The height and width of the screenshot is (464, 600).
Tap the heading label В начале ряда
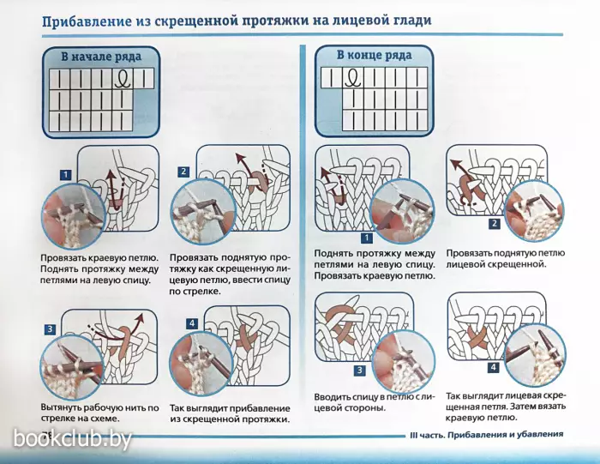click(99, 57)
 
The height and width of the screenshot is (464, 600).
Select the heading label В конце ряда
click(374, 57)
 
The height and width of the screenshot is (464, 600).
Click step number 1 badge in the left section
click(63, 175)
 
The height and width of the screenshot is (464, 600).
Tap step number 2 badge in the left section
click(183, 172)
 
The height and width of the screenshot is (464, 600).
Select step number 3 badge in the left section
click(51, 329)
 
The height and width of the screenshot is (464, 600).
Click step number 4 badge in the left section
click(192, 323)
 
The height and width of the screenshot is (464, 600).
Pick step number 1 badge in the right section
click(366, 238)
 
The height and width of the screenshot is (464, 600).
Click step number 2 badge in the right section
click(494, 225)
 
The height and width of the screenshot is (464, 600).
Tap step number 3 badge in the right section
click(360, 371)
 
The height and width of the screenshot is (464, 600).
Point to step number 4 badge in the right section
click(493, 368)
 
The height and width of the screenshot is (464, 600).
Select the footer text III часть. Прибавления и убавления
click(486, 435)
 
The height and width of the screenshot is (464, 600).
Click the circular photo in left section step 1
click(74, 214)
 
